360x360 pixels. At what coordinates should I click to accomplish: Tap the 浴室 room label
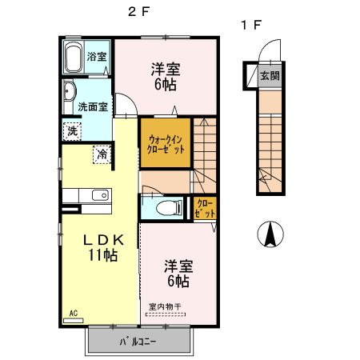click(97, 57)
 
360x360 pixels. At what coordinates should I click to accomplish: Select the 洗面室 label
click(93, 106)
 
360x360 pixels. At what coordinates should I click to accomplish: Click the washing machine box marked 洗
click(73, 130)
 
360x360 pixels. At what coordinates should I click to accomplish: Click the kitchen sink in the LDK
click(100, 196)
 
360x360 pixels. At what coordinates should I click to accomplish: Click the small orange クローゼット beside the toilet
click(204, 209)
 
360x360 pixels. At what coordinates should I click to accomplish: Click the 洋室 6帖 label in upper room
click(166, 76)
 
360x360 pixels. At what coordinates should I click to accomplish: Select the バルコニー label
click(140, 341)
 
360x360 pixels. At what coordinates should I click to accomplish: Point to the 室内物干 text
click(164, 306)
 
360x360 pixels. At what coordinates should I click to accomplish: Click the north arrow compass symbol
click(270, 234)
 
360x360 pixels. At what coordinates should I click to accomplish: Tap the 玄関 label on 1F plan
click(270, 76)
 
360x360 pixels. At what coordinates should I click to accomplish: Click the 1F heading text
click(250, 25)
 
